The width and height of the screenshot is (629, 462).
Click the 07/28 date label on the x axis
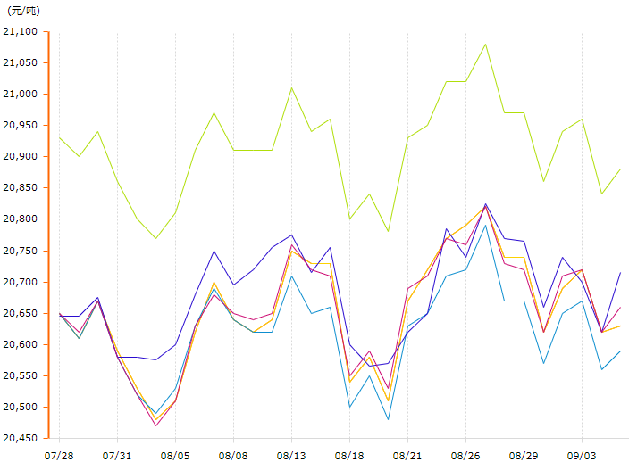(59, 455)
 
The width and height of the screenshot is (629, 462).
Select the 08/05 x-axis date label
(175, 455)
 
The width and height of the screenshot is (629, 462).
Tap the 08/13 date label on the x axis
(291, 455)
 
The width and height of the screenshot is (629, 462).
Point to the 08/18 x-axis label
(349, 455)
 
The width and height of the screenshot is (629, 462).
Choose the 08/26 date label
(465, 455)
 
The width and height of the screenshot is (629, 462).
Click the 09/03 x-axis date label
(582, 455)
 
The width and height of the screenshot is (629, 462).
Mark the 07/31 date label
(117, 455)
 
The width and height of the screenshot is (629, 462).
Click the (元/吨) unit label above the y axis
(23, 11)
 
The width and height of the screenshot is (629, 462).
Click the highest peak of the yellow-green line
(485, 44)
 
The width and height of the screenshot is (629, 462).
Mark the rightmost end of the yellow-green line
(620, 169)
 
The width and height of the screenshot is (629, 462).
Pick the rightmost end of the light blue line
(620, 351)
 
